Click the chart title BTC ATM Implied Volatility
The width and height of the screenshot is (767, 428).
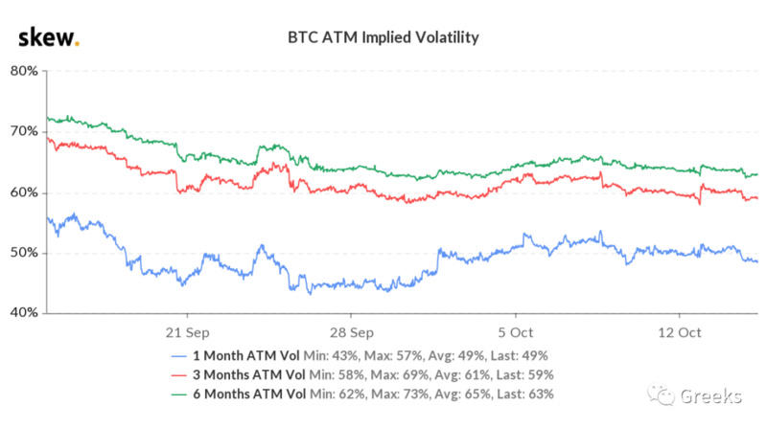[x=383, y=38]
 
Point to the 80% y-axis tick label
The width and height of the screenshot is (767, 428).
[x=24, y=71]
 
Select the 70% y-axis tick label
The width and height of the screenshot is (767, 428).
[x=24, y=131]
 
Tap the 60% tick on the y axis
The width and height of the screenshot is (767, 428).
[x=24, y=192]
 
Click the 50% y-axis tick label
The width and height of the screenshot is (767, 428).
[x=24, y=253]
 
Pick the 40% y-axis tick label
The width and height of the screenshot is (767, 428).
[x=24, y=313]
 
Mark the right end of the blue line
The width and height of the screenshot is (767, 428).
[x=757, y=261]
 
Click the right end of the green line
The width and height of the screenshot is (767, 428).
[x=757, y=174]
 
